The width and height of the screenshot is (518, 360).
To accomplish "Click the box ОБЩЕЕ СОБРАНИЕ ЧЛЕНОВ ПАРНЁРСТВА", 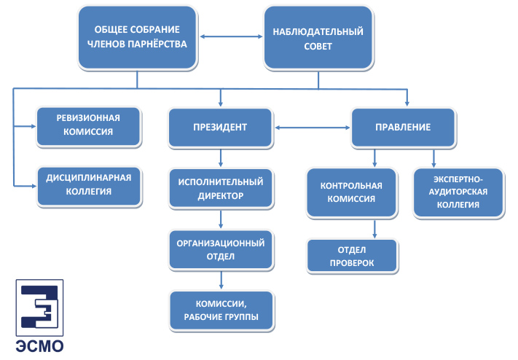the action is (138, 37).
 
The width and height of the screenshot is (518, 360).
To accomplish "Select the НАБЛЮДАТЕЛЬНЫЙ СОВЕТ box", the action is (318, 38).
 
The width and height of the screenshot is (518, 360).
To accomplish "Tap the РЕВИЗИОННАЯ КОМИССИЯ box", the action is (89, 126).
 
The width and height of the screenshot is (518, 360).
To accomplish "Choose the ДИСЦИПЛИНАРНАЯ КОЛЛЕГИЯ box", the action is (89, 187).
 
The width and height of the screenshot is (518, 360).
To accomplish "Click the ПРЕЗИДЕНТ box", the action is (220, 128).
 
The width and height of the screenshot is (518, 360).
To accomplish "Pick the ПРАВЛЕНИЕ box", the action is (403, 128).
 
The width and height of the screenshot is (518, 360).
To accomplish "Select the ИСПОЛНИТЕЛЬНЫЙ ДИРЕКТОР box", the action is (221, 189).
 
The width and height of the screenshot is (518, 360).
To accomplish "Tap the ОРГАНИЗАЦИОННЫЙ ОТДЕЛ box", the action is (221, 250).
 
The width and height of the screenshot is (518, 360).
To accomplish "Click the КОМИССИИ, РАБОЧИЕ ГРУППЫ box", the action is (221, 310).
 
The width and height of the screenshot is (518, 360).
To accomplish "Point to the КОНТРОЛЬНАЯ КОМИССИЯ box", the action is (351, 192).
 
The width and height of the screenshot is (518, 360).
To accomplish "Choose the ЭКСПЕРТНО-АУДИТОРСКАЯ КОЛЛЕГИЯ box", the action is (458, 192).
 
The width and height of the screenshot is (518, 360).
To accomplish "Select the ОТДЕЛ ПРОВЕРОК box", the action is (352, 257).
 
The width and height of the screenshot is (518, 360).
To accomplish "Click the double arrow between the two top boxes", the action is (231, 36).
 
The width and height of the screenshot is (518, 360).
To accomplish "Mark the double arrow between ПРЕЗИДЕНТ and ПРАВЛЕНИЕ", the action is (313, 128).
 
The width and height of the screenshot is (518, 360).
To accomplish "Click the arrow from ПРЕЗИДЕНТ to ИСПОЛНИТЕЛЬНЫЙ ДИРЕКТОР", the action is (221, 158).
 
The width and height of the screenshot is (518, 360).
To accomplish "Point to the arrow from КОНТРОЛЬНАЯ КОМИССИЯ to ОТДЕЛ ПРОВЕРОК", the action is (374, 229).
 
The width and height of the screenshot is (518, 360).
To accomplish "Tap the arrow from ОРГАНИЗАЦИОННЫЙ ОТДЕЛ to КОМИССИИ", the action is (221, 281).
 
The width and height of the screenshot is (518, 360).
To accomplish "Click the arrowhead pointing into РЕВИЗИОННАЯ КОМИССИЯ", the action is (33, 126).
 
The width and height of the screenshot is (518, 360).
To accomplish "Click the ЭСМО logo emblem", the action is (39, 308).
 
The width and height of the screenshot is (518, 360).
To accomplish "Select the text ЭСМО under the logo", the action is (39, 346).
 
